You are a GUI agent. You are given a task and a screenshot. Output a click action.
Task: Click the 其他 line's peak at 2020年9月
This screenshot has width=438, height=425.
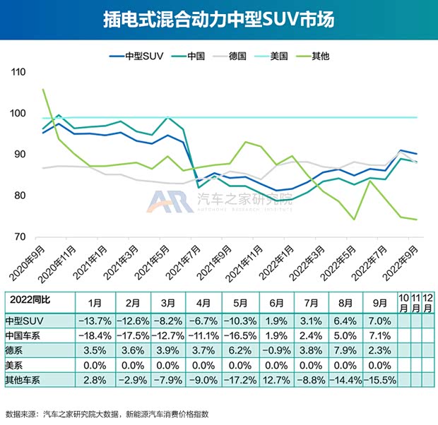point(44,90)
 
